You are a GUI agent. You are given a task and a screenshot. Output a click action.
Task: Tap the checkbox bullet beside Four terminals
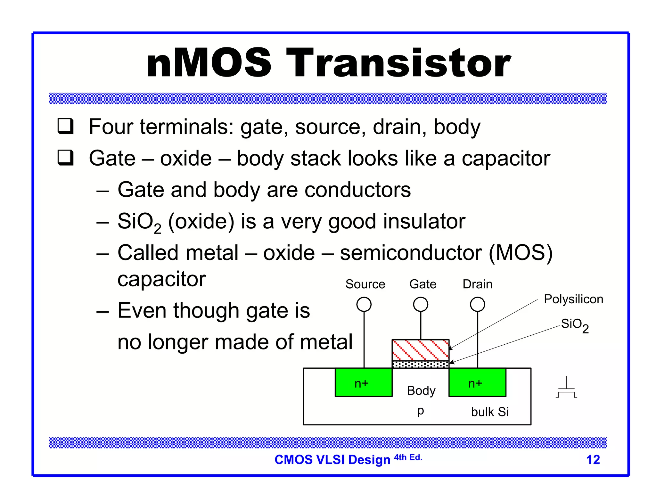[x=65, y=126]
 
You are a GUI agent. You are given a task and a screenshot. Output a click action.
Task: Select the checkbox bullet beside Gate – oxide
[x=65, y=158]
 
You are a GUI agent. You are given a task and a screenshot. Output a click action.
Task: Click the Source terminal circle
[x=364, y=304]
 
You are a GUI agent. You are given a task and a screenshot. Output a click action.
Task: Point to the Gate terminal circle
[x=421, y=304]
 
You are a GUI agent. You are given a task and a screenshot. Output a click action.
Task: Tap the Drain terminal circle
[x=477, y=304]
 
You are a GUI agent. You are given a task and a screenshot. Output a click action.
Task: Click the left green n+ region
[x=364, y=382]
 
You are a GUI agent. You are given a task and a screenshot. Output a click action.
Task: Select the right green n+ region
[x=477, y=382]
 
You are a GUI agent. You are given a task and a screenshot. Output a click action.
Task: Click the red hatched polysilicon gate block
[x=420, y=350]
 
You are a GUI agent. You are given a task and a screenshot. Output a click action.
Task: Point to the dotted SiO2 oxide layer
[x=420, y=364]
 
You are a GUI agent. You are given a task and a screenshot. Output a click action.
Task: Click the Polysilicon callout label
[x=573, y=299]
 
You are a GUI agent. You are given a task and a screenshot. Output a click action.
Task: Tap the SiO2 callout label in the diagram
[x=575, y=325]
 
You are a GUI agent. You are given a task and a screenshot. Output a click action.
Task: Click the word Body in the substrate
[x=421, y=391]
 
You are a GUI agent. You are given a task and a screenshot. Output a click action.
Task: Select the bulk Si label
[x=490, y=412]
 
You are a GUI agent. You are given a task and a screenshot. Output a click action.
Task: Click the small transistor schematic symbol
[x=566, y=388]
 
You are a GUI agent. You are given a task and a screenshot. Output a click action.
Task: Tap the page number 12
[x=593, y=460]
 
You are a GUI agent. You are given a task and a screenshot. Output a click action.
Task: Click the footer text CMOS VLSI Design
[x=332, y=460]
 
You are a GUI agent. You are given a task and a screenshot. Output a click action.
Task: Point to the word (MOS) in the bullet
[x=521, y=253]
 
